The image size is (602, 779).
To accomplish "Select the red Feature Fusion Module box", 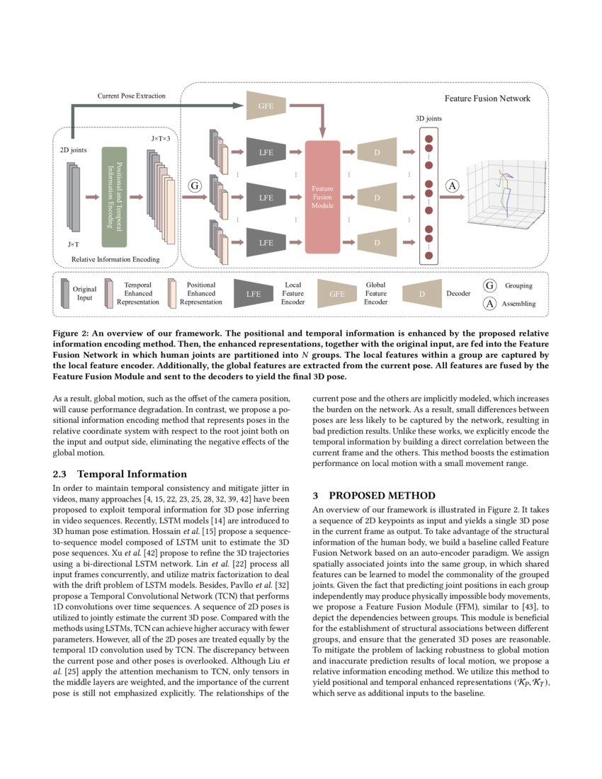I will point(322,197).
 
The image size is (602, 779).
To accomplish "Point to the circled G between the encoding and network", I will point(195,186).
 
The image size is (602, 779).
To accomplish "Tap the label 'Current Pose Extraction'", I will point(131,96).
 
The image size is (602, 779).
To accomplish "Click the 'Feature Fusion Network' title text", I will point(487,98).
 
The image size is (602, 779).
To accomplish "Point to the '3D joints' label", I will point(428,118).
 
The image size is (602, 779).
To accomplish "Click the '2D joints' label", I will point(73,151).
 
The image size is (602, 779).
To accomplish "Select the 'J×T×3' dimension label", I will point(161,139).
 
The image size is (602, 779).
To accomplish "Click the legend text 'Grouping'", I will point(518,286).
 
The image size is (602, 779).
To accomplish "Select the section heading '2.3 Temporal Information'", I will point(120,474).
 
